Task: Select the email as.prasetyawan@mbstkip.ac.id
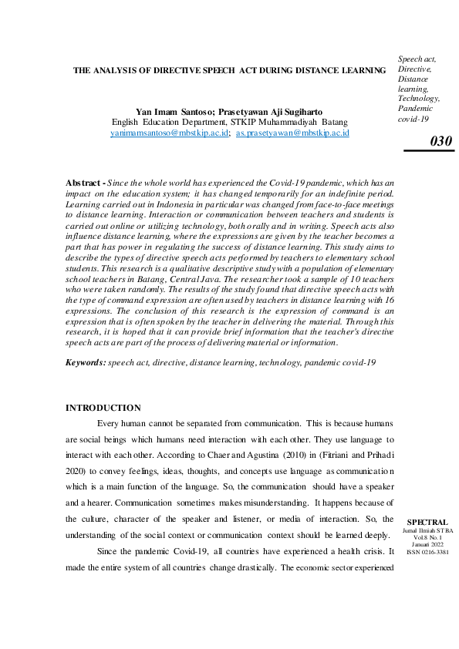[292, 133]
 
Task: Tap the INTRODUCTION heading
[103, 408]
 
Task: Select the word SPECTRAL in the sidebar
[427, 522]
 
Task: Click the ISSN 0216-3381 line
[427, 552]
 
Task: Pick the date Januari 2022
[427, 544]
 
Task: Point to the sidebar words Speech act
[417, 59]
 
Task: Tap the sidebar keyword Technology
[419, 99]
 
